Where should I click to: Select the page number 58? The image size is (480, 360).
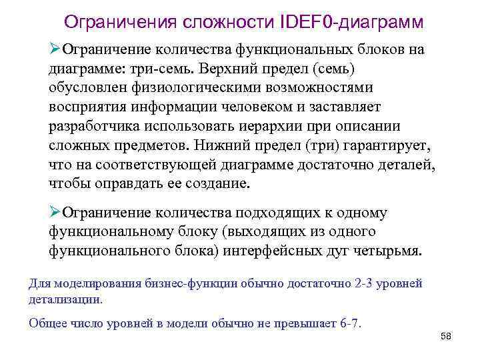pyautogui.click(x=447, y=337)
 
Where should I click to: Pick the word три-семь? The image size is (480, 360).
pyautogui.click(x=163, y=69)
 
